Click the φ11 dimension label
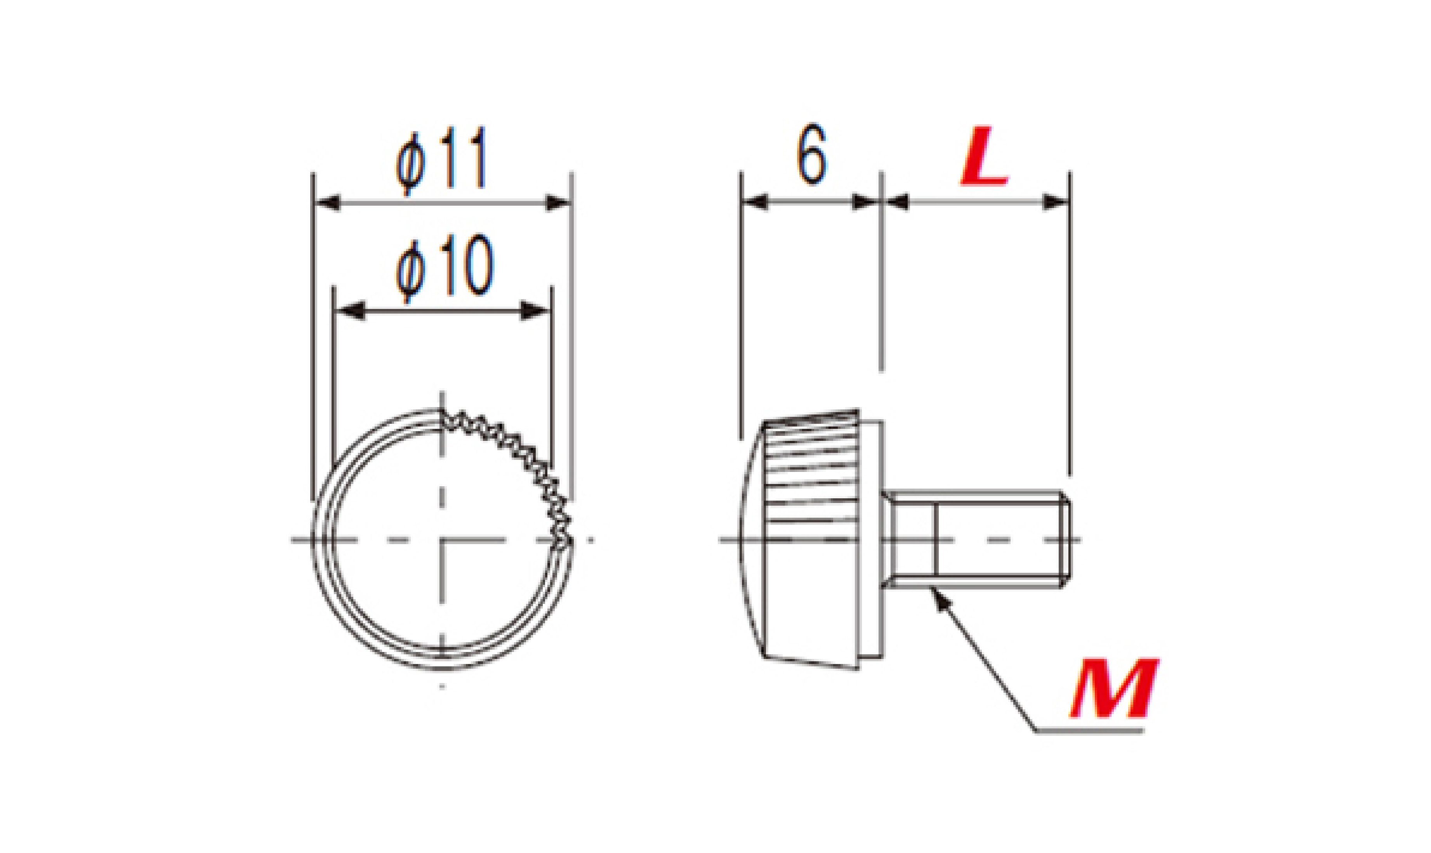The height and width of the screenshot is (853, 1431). point(441,159)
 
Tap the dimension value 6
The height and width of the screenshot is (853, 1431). point(811,154)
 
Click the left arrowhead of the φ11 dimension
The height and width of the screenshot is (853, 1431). point(328,203)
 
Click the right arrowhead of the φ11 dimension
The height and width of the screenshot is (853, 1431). point(557,203)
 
